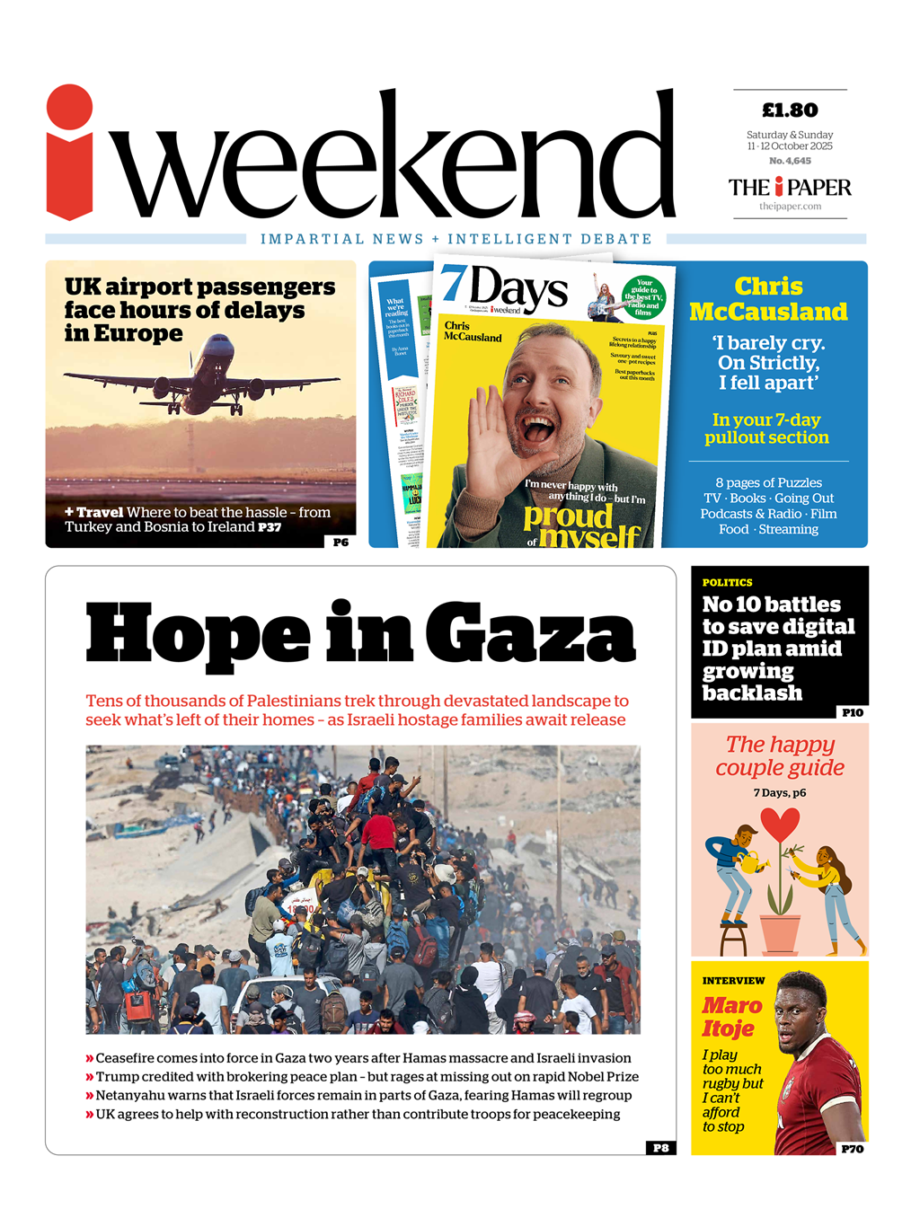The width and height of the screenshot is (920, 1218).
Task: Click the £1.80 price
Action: point(790,110)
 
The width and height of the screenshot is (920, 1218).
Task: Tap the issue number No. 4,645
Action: point(790,161)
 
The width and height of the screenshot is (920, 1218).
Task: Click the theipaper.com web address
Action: point(790,207)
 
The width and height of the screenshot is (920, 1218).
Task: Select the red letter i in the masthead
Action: point(69,153)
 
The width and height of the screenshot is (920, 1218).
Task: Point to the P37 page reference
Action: point(270,527)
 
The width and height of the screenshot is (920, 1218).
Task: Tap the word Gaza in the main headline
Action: point(530,633)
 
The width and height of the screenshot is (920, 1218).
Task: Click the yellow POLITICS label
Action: point(727,583)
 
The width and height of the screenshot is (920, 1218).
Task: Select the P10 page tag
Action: point(852,712)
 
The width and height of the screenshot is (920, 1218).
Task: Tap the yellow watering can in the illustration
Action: point(753,862)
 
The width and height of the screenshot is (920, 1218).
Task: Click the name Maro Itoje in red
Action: point(731,1017)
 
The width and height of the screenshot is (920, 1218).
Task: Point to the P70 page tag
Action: point(852,1149)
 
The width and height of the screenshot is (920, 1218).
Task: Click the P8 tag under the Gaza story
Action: point(660,1148)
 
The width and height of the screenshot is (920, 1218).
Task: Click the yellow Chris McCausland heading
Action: point(768,299)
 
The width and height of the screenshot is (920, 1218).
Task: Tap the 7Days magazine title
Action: point(505,288)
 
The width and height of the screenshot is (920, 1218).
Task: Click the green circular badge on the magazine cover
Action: point(643,296)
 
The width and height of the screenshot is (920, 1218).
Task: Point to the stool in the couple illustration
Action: point(734,940)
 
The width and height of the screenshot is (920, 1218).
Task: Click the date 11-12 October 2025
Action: point(790,146)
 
